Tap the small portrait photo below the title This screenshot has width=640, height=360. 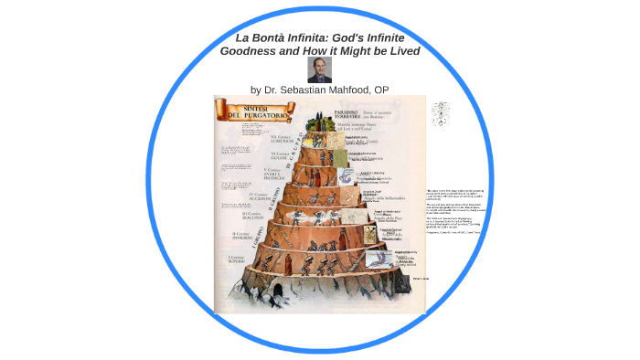[320, 69]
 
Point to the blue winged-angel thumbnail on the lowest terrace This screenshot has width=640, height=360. [375, 259]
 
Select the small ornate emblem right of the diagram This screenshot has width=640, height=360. [441, 113]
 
